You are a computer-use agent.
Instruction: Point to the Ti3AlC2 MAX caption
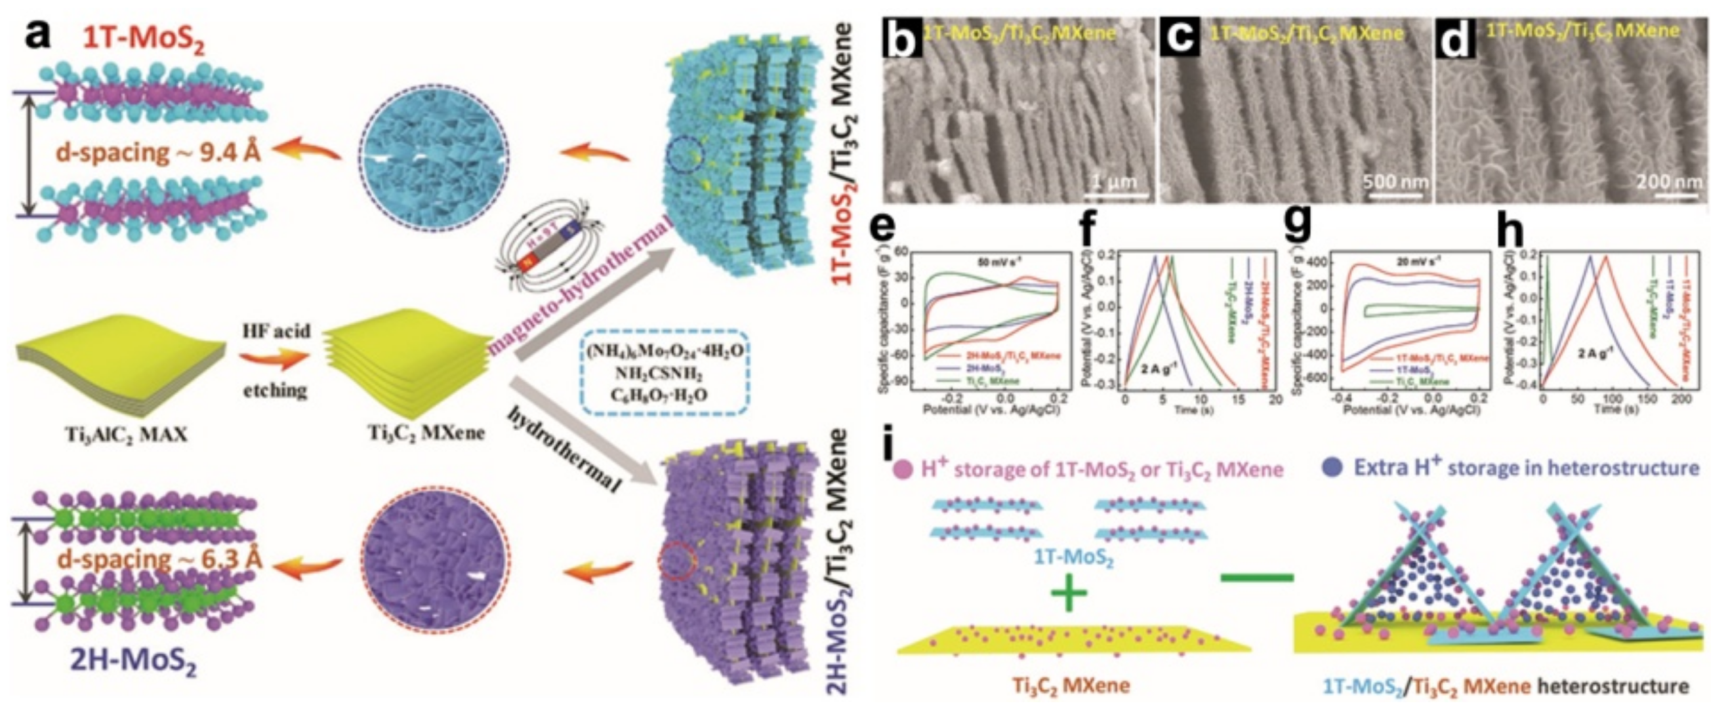tap(125, 435)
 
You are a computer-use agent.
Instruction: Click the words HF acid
tap(277, 330)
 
